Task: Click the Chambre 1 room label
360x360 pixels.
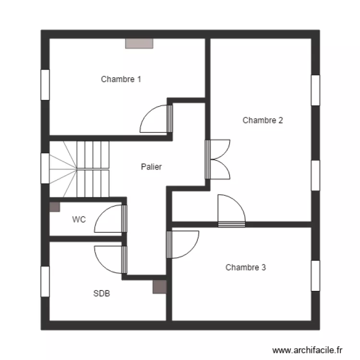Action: click(120, 79)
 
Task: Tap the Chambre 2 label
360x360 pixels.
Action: click(263, 120)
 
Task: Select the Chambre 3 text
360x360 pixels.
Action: click(245, 267)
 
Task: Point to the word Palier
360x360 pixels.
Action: click(151, 167)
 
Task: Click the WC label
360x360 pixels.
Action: click(79, 219)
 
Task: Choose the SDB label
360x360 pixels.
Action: click(101, 293)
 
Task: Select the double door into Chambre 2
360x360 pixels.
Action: click(218, 159)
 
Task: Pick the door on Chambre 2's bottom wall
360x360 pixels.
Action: click(231, 211)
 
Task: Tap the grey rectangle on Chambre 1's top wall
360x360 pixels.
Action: click(139, 44)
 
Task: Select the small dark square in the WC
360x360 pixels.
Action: click(55, 207)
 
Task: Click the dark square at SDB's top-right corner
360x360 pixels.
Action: click(160, 287)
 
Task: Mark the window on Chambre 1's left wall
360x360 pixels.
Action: click(45, 84)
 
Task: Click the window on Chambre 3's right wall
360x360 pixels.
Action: click(315, 276)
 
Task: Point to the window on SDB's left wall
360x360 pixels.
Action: click(45, 282)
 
